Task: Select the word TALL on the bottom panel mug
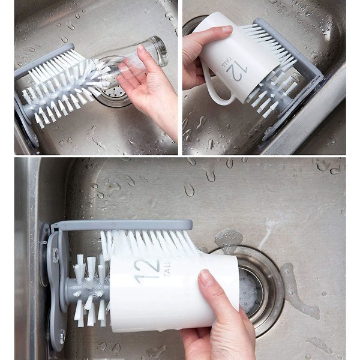point(167,269)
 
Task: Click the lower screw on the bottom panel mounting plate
point(62,337)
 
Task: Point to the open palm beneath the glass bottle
point(147,92)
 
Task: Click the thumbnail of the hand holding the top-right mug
point(227,29)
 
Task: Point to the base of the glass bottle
point(160,50)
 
